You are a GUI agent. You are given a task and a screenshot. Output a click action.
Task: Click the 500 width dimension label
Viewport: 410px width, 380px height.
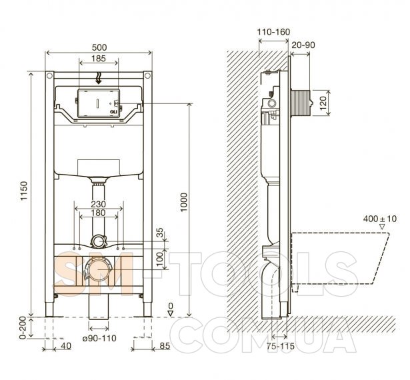(x=99, y=47)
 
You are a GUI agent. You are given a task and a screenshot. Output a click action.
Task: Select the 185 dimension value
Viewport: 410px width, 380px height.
(x=98, y=58)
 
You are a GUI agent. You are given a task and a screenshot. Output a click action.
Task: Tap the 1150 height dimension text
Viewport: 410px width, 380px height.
(x=24, y=191)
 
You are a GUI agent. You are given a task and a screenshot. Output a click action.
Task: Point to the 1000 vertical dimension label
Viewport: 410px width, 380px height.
(x=184, y=203)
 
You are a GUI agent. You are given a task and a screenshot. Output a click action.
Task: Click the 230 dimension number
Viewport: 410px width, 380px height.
(x=98, y=204)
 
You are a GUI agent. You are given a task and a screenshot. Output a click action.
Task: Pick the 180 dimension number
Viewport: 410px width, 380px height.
(x=98, y=213)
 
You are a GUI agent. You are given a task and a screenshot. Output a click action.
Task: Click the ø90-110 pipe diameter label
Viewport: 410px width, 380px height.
(x=99, y=338)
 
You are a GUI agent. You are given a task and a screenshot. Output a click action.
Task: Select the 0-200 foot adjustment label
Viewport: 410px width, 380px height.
(x=23, y=328)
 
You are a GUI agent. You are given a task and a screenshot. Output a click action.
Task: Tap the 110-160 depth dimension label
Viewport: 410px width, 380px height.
(x=273, y=32)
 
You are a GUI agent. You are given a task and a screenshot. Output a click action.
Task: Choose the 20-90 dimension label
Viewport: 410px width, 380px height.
(x=303, y=45)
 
